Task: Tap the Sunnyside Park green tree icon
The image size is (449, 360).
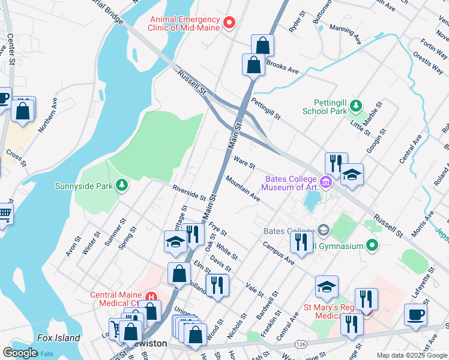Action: click(x=122, y=185)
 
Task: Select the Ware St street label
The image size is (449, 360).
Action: click(x=244, y=163)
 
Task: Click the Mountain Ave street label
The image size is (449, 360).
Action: click(x=243, y=188)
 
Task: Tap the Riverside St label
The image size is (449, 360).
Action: click(x=189, y=193)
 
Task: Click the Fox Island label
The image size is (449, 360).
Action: click(x=58, y=338)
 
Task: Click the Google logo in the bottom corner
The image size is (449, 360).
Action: click(x=20, y=352)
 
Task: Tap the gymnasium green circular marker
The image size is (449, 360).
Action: click(x=372, y=245)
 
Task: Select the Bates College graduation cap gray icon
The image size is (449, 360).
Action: click(x=324, y=230)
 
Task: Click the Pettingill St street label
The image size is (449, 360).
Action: click(x=266, y=109)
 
